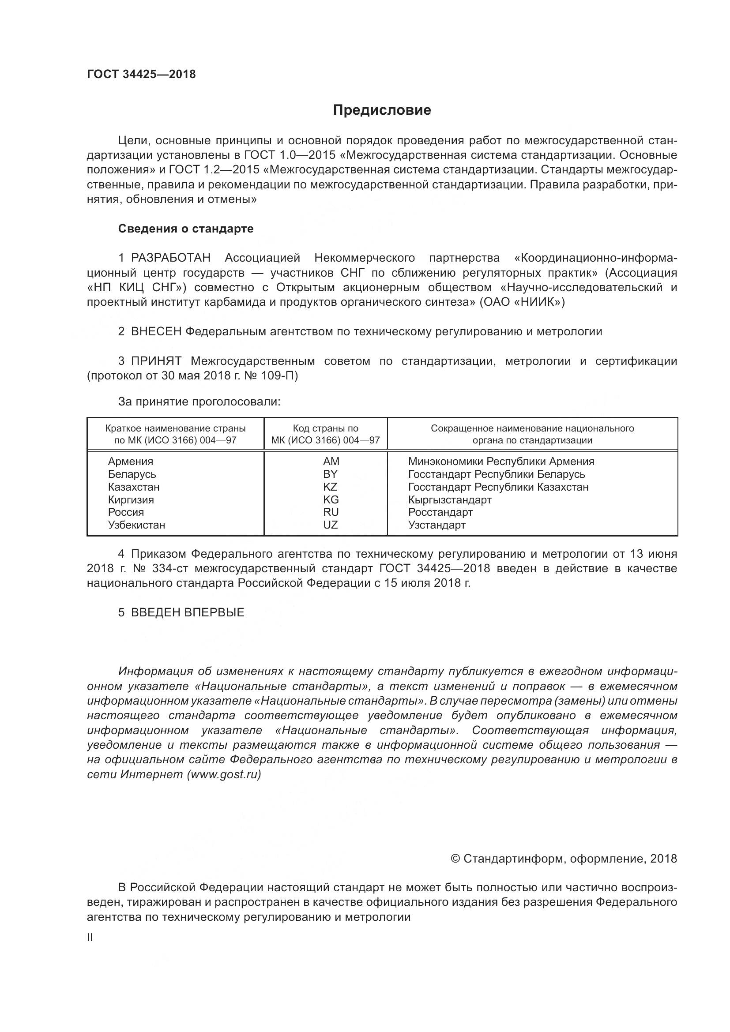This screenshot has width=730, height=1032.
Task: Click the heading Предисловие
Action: (x=382, y=110)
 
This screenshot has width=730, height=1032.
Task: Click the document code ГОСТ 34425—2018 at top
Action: (x=141, y=75)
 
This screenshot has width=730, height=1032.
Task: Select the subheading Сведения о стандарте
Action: (x=186, y=229)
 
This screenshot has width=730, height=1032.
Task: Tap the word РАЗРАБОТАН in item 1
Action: (x=170, y=258)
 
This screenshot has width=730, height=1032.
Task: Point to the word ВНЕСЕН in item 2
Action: (x=156, y=332)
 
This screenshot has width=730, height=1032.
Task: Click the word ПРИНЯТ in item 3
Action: (x=156, y=361)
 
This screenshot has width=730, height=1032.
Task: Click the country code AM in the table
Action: (x=331, y=462)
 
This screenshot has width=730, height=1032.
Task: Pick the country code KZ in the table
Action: (x=330, y=487)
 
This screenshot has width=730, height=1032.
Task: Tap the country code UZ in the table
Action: (x=330, y=525)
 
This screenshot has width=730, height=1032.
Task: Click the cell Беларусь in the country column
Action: (x=132, y=474)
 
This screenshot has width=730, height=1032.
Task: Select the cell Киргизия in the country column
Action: (x=131, y=500)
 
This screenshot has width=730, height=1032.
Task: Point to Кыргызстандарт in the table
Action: (x=449, y=500)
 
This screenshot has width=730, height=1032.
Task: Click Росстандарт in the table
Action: (x=440, y=512)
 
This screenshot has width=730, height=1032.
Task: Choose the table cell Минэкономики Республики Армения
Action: (x=501, y=462)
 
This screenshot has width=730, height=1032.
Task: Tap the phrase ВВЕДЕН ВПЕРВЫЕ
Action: (x=188, y=613)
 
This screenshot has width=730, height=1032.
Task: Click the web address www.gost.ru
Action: (x=224, y=774)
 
